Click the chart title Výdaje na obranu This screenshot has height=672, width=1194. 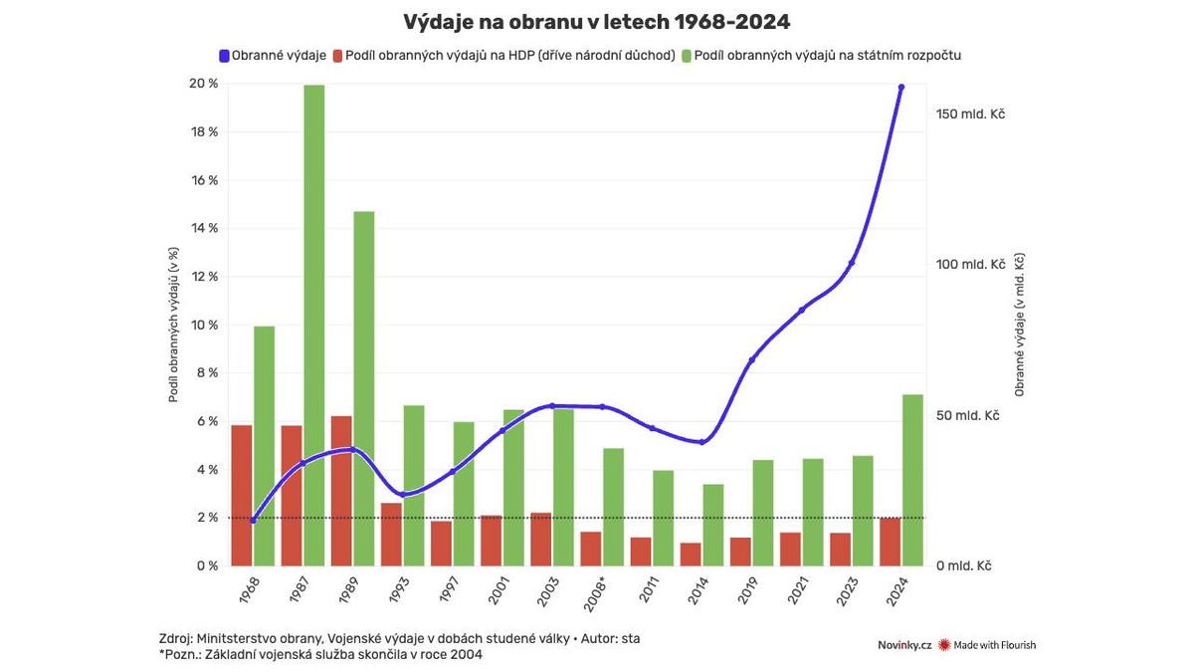tap(596, 22)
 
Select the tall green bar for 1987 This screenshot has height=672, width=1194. tap(314, 325)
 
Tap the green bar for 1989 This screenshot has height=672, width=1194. tap(364, 388)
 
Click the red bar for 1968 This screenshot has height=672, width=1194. tap(241, 495)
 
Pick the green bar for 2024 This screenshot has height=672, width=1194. tap(913, 480)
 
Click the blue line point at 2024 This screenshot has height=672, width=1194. tap(901, 88)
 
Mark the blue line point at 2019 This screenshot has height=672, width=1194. tap(752, 359)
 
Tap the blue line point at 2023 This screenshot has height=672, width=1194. tap(852, 263)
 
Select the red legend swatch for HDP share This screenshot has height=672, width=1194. tap(338, 56)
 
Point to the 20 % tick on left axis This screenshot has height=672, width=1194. tap(205, 84)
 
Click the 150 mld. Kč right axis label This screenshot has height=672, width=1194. tap(970, 113)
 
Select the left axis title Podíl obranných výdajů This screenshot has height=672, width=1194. tap(173, 325)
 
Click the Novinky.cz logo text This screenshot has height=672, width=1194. tap(903, 645)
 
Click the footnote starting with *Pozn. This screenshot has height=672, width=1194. tap(320, 655)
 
